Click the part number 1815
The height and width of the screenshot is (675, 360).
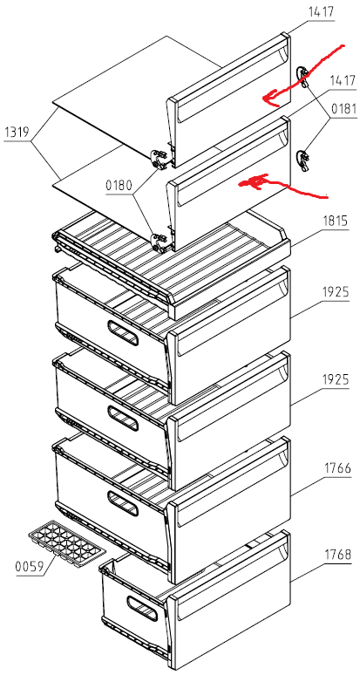click(336, 222)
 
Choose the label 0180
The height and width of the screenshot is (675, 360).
click(119, 187)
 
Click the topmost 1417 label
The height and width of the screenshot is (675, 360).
click(321, 12)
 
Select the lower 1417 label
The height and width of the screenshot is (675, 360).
click(343, 80)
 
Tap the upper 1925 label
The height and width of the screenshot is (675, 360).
click(336, 293)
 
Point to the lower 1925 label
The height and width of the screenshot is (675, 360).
click(336, 380)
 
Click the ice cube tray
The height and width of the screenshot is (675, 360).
click(66, 543)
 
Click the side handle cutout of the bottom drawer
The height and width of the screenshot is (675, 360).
click(142, 609)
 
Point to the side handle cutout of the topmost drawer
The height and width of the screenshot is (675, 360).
click(124, 333)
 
